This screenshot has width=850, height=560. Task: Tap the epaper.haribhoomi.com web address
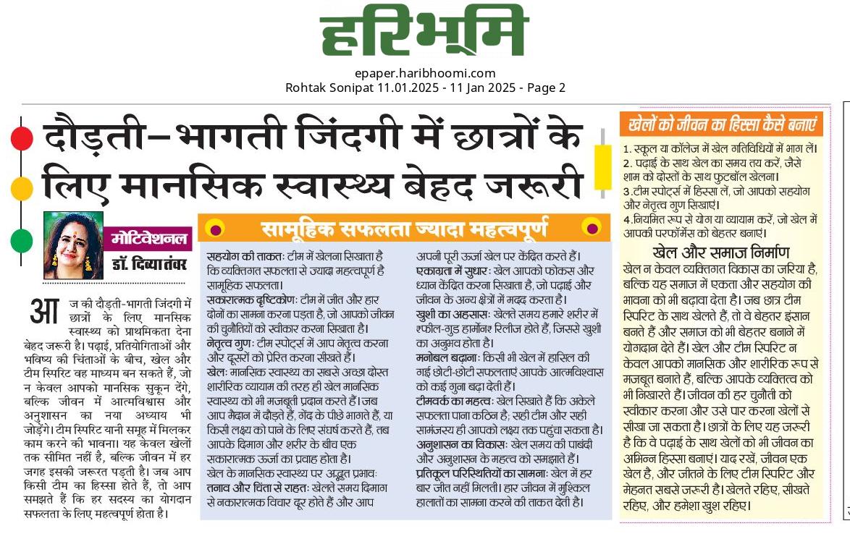[425, 73]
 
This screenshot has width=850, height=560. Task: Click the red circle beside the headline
[22, 137]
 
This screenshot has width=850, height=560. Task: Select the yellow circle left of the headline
[22, 189]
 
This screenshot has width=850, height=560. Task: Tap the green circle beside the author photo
[22, 240]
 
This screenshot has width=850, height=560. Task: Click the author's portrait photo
[73, 245]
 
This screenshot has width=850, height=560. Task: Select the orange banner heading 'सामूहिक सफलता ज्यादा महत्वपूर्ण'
[405, 229]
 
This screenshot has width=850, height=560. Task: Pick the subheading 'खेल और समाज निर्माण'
[720, 253]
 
